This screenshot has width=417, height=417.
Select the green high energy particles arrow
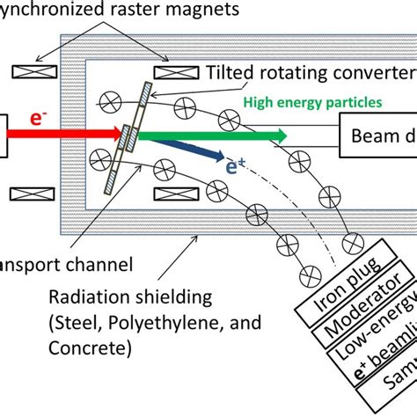pyautogui.click(x=211, y=135)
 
